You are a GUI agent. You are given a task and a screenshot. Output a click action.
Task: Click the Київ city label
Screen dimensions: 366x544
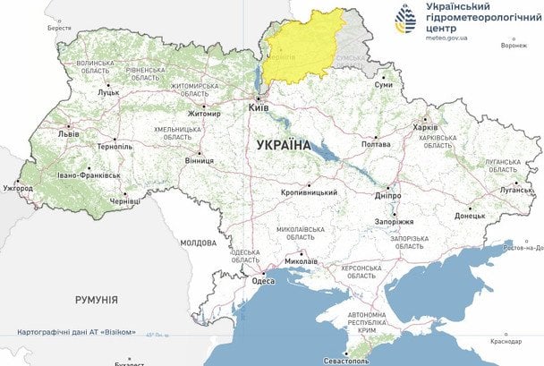[x=259, y=109]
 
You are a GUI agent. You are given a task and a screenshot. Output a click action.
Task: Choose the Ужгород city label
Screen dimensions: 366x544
[x=18, y=189]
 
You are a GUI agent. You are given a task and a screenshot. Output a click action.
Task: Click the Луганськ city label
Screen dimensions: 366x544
[x=515, y=190]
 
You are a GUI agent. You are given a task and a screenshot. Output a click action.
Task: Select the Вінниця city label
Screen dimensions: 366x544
[x=199, y=161]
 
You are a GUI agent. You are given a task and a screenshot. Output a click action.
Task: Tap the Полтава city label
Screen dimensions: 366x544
[x=375, y=143]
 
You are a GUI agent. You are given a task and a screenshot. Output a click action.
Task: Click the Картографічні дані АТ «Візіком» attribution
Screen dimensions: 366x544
[x=76, y=332]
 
